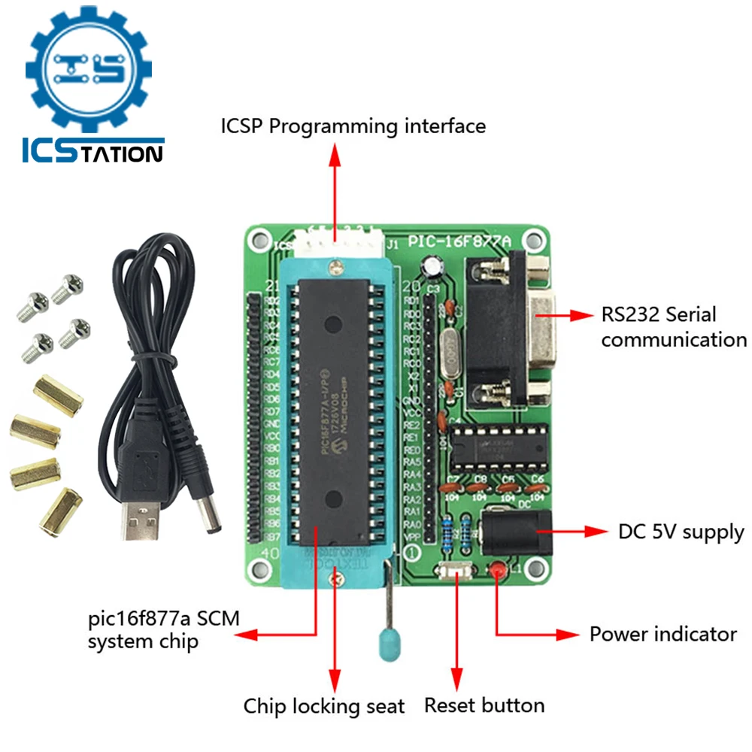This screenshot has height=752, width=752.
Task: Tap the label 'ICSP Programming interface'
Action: [353, 126]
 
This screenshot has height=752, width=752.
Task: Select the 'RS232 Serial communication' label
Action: [673, 326]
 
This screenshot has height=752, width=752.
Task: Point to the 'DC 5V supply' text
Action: [681, 532]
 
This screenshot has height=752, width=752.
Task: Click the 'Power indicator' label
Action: [663, 634]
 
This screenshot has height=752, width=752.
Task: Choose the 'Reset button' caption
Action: [484, 705]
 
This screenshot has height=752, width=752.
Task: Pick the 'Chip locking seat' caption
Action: [323, 706]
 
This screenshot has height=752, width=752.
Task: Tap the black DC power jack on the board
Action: [516, 532]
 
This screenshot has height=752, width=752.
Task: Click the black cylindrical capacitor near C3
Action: [432, 267]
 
